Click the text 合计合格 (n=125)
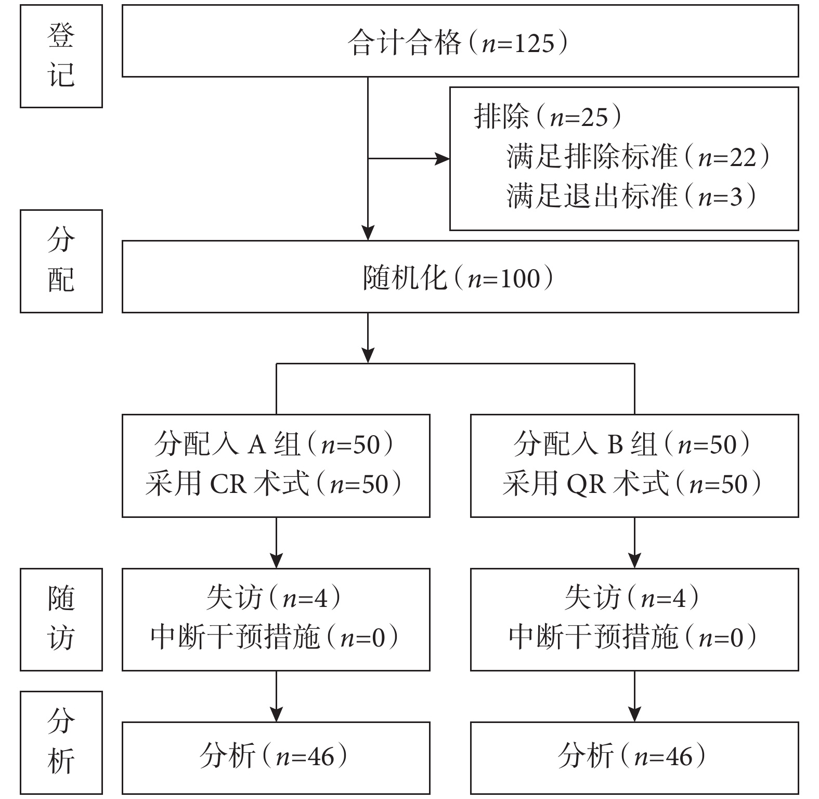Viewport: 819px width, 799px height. (x=458, y=43)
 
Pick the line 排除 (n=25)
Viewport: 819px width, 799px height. (x=548, y=117)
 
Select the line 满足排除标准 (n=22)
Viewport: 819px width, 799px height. (x=638, y=157)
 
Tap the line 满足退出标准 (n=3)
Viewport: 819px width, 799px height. (x=632, y=196)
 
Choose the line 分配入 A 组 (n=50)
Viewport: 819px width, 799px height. (x=274, y=445)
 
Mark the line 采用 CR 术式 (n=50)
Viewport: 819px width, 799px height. (x=274, y=484)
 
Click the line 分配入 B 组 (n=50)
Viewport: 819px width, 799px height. (x=632, y=445)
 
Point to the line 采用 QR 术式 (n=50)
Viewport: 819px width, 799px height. (x=632, y=484)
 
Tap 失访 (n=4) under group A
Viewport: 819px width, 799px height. (x=274, y=598)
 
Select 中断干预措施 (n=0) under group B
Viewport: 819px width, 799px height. (x=632, y=637)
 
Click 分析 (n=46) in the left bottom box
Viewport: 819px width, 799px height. (x=274, y=756)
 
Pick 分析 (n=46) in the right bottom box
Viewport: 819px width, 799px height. (x=632, y=756)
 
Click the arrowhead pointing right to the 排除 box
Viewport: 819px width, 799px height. (x=443, y=158)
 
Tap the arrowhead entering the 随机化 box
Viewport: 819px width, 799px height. (x=368, y=233)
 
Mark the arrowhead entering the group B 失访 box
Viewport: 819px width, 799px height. (x=634, y=561)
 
